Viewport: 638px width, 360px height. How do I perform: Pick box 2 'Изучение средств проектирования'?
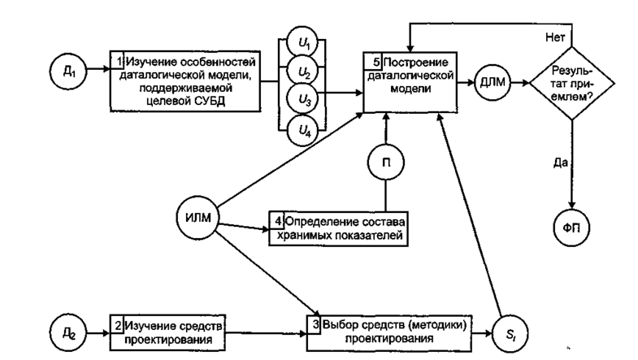(167, 332)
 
